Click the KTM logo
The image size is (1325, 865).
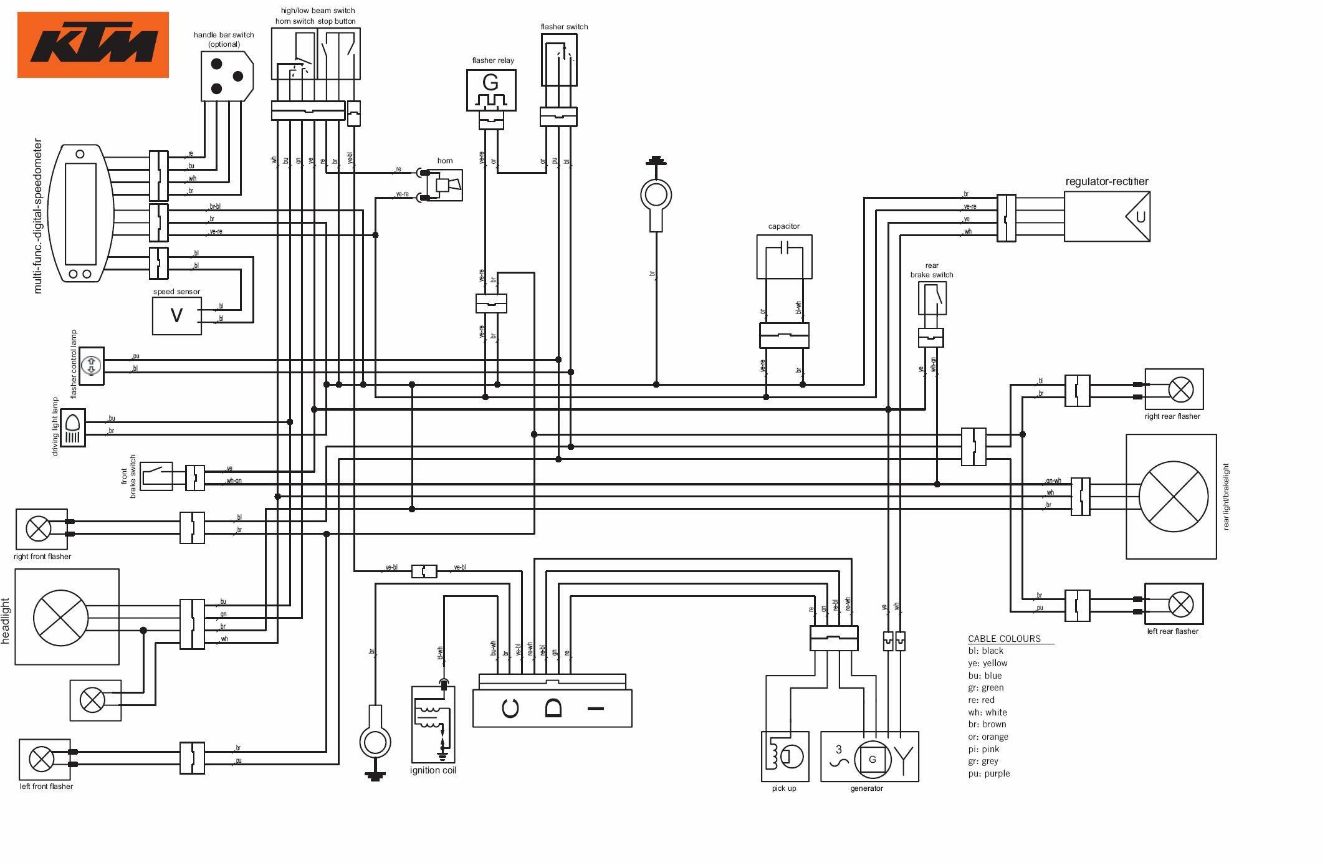[x=93, y=45]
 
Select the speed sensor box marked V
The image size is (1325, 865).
[x=176, y=315]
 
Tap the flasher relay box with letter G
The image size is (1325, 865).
[x=491, y=90]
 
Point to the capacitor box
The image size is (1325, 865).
[x=784, y=256]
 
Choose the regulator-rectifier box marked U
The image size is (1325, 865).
[x=1107, y=216]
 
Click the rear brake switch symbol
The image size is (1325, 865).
[x=932, y=298]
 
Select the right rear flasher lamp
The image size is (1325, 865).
[x=1180, y=389]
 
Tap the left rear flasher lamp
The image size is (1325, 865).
[x=1180, y=604]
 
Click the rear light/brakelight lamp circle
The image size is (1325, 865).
[x=1173, y=497]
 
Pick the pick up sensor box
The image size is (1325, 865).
[x=785, y=756]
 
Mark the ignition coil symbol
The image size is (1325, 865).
[x=433, y=724]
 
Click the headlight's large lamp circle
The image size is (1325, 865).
[x=61, y=617]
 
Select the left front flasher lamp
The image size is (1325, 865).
[x=42, y=759]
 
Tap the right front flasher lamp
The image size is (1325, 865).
[x=39, y=528]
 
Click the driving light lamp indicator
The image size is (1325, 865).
[x=73, y=428]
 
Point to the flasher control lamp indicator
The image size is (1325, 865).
[x=92, y=366]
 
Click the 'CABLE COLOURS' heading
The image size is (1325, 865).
[x=1004, y=638]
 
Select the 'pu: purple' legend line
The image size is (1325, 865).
[x=988, y=773]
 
